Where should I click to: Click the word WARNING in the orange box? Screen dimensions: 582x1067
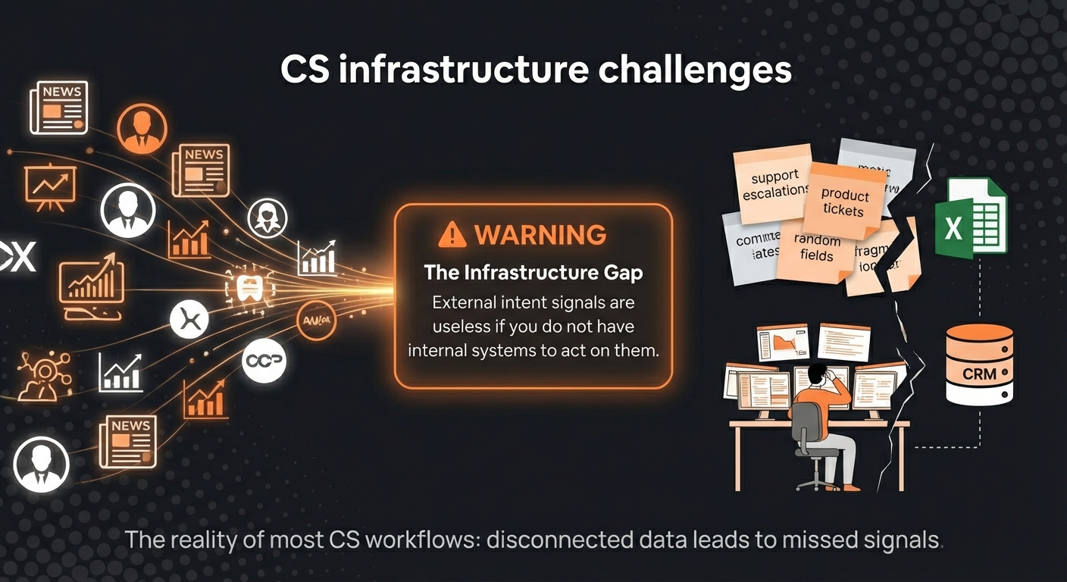coord(540,234)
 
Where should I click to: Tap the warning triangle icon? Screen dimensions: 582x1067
coord(452,234)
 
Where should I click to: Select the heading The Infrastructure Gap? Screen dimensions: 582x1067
coord(533,272)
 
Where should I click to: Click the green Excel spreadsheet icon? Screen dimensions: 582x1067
coord(970,219)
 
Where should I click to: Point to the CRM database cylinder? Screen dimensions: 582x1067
coord(979,365)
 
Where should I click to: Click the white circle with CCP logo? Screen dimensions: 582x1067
coord(264,361)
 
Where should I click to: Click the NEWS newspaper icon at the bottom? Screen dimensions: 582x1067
coord(127,440)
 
